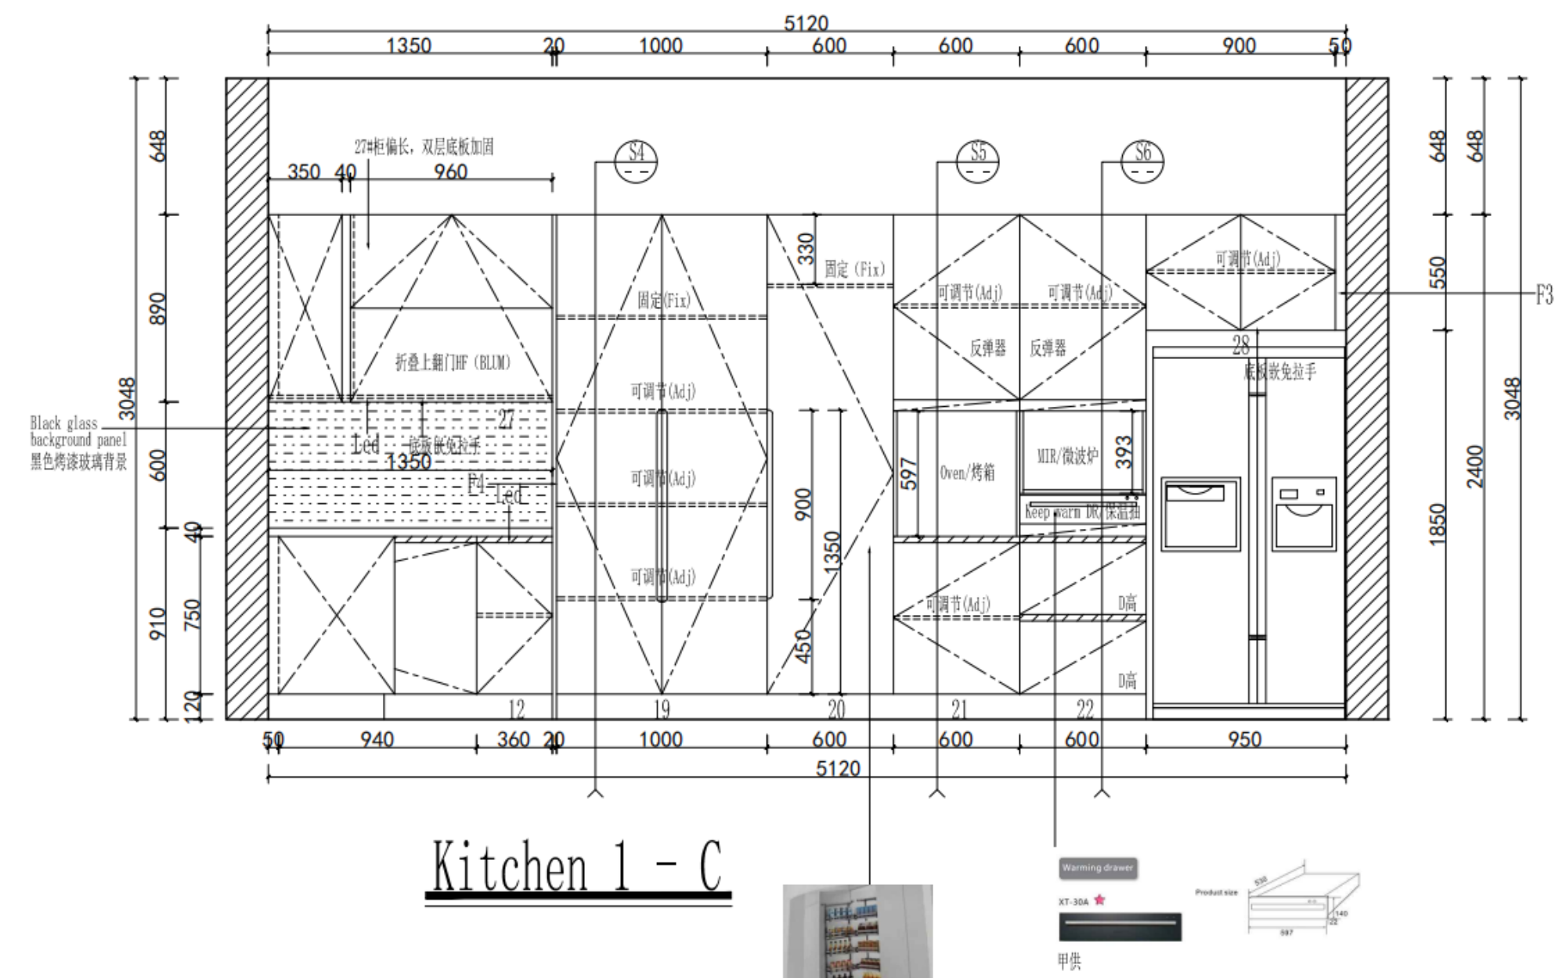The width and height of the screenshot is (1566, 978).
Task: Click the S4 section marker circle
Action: tap(636, 162)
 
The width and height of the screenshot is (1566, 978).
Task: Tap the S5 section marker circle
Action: tap(978, 162)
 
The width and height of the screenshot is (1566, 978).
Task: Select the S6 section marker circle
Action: tap(1142, 162)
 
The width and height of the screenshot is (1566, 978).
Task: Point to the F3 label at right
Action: tap(1543, 295)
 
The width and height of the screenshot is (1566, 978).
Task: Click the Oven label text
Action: tap(967, 473)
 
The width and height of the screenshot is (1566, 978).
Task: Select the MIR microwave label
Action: tap(1067, 456)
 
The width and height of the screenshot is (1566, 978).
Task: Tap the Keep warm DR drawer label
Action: tap(1082, 512)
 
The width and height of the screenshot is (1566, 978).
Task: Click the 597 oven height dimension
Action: tap(909, 474)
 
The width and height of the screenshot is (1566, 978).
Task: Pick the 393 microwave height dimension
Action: tap(1124, 452)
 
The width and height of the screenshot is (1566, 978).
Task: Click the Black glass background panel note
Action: tap(78, 443)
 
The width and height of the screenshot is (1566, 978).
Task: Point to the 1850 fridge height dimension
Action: tap(1438, 523)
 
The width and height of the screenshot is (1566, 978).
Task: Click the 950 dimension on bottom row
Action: tap(1244, 739)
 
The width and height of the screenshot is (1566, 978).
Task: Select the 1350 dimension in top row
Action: tap(409, 45)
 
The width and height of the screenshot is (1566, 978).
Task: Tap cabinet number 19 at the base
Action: tap(662, 710)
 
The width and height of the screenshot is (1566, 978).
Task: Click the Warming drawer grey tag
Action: tap(1097, 868)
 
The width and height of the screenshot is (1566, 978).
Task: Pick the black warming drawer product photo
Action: tap(1120, 927)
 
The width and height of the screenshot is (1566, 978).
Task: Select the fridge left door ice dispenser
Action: tap(1200, 513)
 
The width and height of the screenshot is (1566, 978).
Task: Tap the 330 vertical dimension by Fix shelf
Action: tap(806, 249)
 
